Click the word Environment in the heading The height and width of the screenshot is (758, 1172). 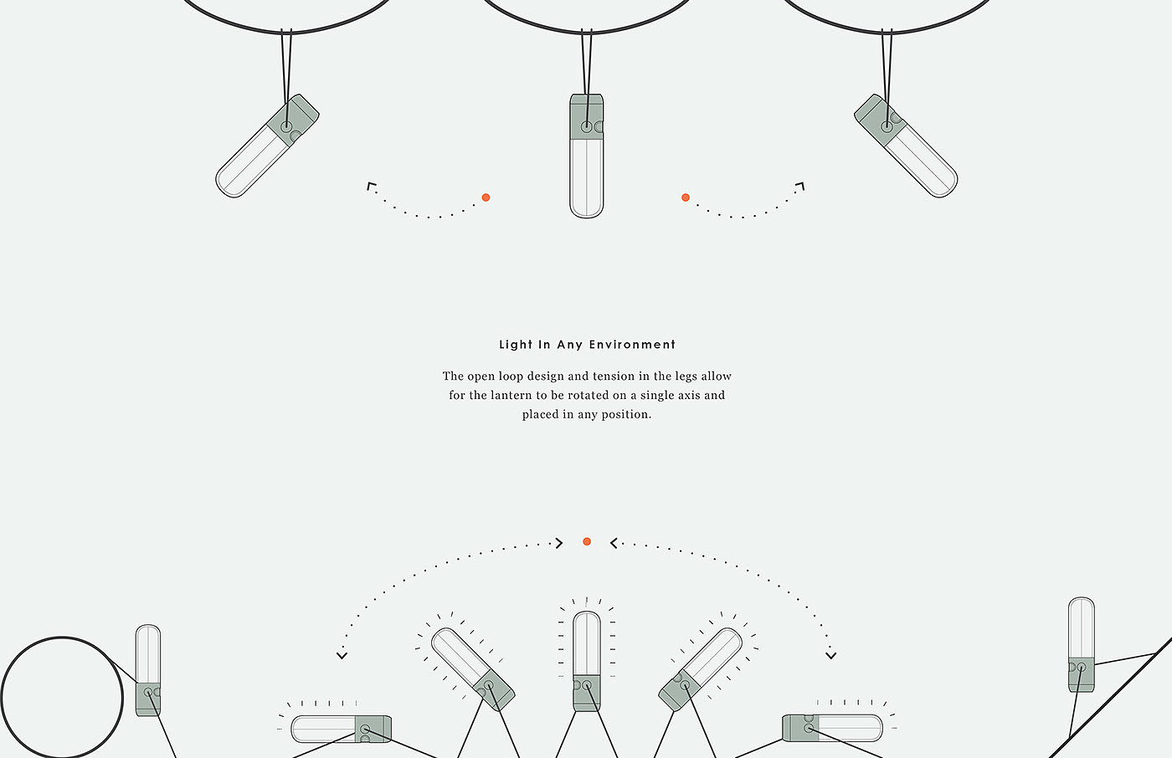(632, 345)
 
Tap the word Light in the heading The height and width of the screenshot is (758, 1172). (516, 345)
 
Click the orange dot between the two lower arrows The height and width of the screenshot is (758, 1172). (587, 541)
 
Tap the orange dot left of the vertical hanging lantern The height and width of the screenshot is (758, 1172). (486, 197)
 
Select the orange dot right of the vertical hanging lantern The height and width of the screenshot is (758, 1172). (686, 197)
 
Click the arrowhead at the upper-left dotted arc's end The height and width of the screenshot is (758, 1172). (371, 186)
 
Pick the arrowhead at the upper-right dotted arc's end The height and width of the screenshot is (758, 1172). (800, 186)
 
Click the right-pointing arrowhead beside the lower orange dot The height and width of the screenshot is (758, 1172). (559, 543)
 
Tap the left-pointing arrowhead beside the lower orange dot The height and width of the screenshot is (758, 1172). (614, 543)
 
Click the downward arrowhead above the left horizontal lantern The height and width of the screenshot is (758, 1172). (342, 656)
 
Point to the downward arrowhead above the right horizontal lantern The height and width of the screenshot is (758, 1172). (830, 656)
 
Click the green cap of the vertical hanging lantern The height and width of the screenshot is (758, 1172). (587, 116)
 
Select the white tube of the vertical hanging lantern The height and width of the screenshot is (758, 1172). (587, 178)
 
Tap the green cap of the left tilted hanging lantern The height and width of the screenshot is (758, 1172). (292, 120)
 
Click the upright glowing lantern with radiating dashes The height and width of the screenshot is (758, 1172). (587, 661)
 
